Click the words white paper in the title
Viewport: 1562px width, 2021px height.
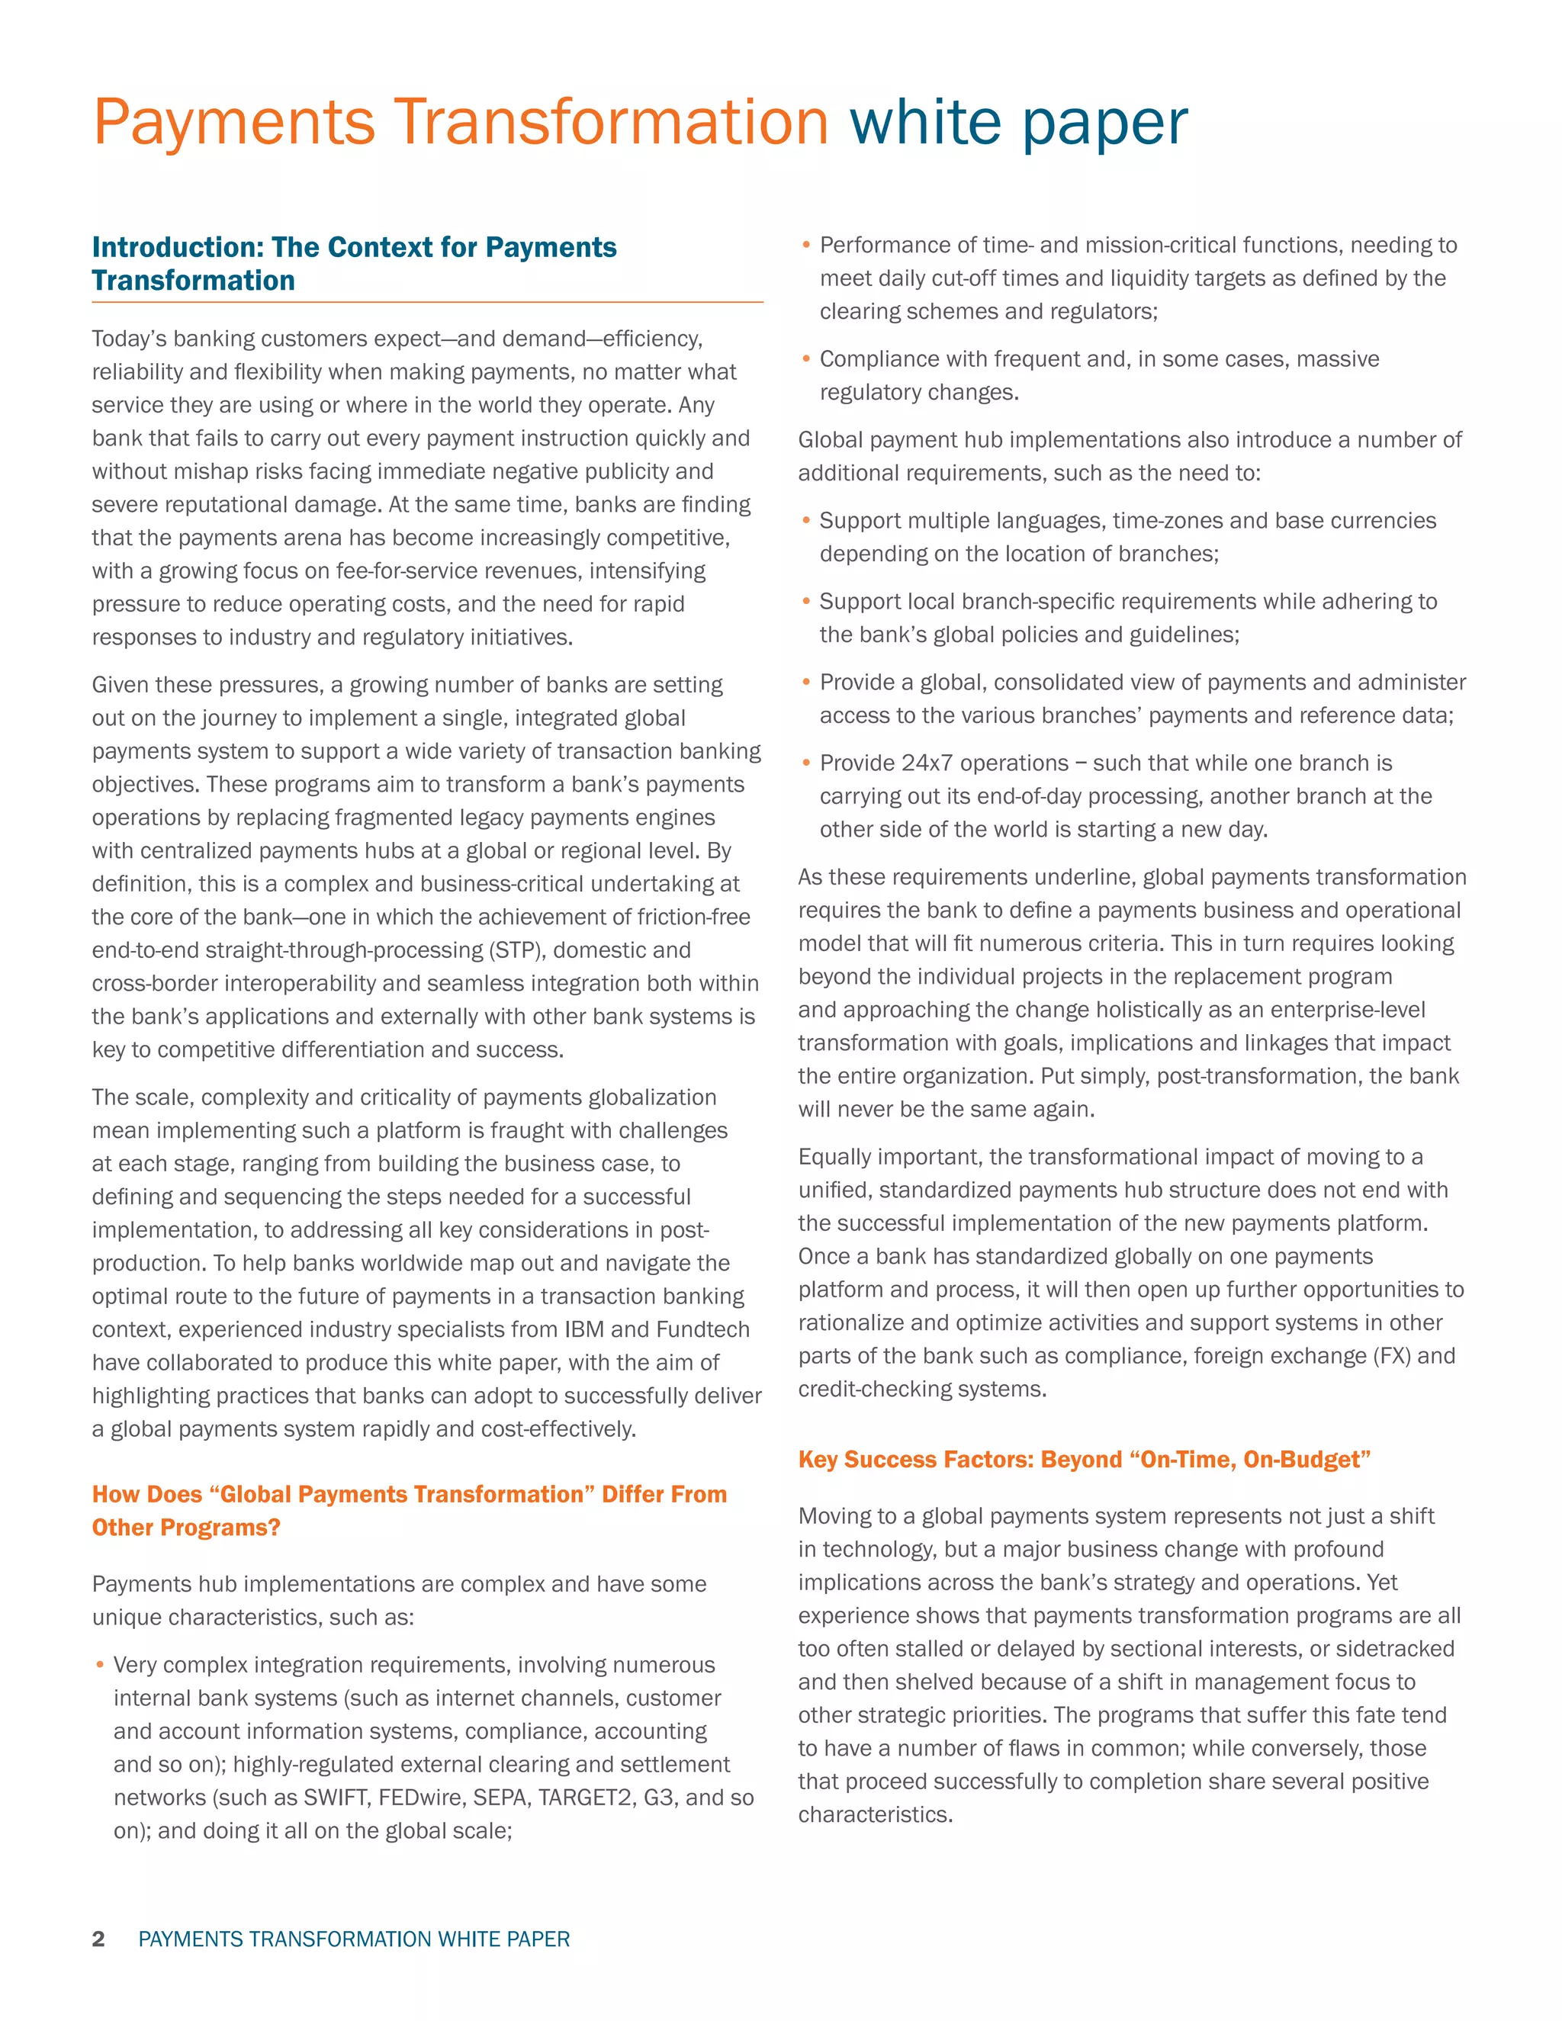(1018, 122)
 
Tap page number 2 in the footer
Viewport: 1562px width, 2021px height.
(98, 1939)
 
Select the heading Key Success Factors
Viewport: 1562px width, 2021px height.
(1084, 1459)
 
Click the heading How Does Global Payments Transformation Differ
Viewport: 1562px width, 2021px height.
(409, 1510)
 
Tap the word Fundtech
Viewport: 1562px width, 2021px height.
(702, 1330)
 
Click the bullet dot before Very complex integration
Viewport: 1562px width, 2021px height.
(100, 1666)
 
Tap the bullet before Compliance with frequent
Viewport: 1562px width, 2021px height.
(806, 359)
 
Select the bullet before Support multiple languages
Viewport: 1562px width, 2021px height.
(806, 521)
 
